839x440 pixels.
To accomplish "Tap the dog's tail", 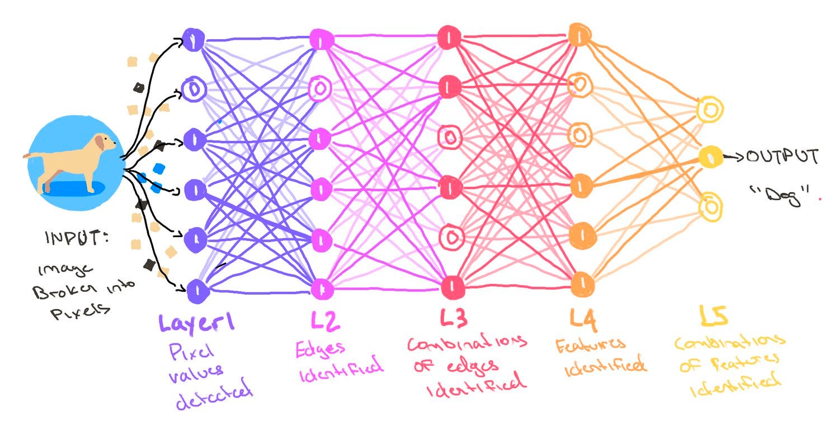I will click(31, 156).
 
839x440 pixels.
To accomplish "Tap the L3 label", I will click(454, 320).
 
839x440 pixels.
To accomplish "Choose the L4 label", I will click(583, 319).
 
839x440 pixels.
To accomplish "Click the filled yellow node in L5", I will click(709, 156).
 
